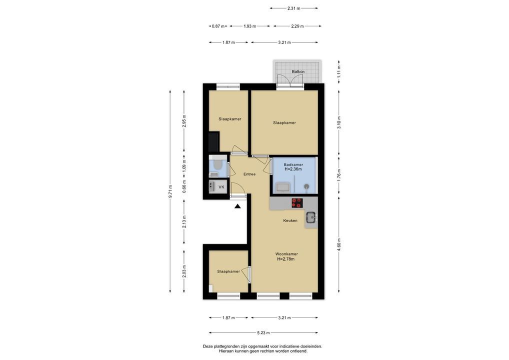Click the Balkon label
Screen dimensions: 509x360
pos(298,71)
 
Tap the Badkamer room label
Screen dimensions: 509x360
pos(293,164)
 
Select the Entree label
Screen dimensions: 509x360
pos(249,174)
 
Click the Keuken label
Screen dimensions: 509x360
pos(290,220)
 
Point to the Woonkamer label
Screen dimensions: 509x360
pos(286,254)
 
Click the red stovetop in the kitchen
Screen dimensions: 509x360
pos(297,203)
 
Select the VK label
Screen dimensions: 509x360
pos(221,187)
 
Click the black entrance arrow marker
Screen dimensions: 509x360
pos(237,206)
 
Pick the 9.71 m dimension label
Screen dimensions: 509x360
pos(170,191)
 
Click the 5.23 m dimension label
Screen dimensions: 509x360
pos(263,332)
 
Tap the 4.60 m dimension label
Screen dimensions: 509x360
pos(339,245)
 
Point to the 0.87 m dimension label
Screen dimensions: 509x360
pos(218,26)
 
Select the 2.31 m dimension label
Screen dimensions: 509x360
pos(294,8)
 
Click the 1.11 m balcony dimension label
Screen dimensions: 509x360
pos(339,71)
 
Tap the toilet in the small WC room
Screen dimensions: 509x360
pos(217,165)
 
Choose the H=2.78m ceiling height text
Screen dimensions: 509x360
pos(285,259)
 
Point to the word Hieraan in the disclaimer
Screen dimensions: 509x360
pos(225,351)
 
